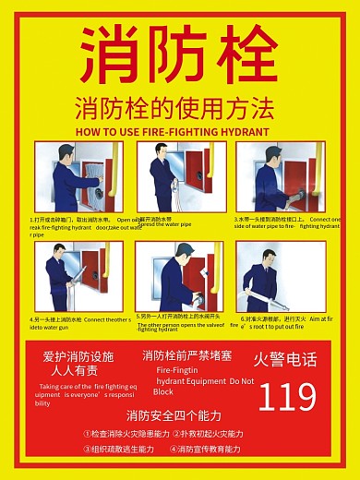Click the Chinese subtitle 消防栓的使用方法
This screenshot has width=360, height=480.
(x=175, y=108)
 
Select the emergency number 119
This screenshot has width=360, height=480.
(x=287, y=397)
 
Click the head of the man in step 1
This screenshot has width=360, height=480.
(x=63, y=152)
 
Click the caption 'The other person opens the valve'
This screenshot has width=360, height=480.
(x=180, y=324)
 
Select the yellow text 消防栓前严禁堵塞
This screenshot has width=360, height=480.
(x=187, y=355)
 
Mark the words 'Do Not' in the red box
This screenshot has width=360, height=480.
(x=242, y=380)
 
